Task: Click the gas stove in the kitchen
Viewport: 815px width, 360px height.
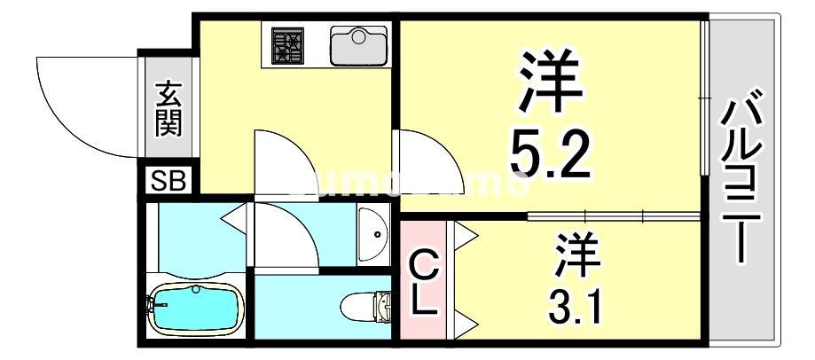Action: (x=287, y=45)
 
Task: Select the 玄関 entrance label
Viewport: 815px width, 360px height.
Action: (x=168, y=108)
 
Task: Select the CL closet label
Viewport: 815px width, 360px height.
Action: (x=423, y=282)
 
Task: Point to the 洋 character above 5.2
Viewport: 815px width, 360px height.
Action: (x=547, y=82)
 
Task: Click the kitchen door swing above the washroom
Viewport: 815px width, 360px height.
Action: (x=283, y=164)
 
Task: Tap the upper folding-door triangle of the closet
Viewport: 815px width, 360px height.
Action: (x=466, y=234)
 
